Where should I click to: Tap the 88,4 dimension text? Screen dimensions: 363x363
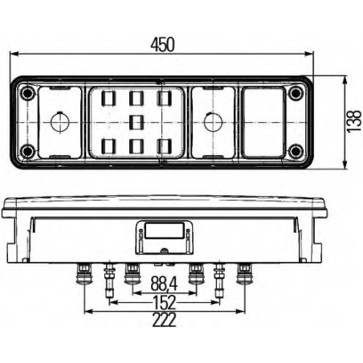tap(163, 283)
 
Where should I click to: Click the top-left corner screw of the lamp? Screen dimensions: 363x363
tap(29, 94)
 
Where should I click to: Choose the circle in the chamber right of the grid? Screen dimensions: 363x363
tap(211, 123)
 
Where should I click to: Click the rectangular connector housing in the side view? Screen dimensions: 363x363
tap(163, 234)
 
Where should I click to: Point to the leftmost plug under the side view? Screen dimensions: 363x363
tap(82, 277)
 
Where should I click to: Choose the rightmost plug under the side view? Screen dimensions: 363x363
tap(244, 277)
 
